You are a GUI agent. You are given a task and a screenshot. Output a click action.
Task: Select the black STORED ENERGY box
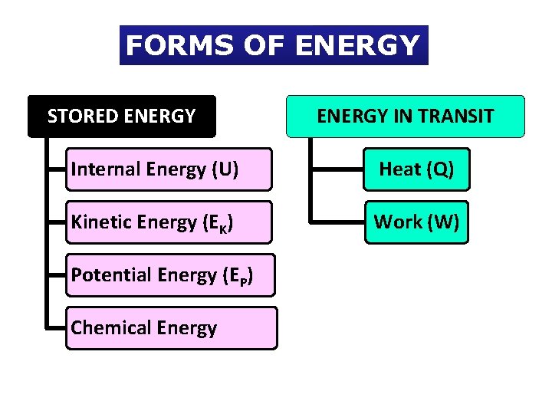(x=122, y=117)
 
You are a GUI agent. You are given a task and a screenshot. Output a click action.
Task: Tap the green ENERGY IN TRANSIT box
(x=406, y=117)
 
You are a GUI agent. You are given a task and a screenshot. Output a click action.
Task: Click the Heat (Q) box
(x=416, y=169)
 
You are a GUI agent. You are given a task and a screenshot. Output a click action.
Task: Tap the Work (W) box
(x=416, y=222)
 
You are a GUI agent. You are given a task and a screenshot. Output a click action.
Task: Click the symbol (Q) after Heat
(x=439, y=169)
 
